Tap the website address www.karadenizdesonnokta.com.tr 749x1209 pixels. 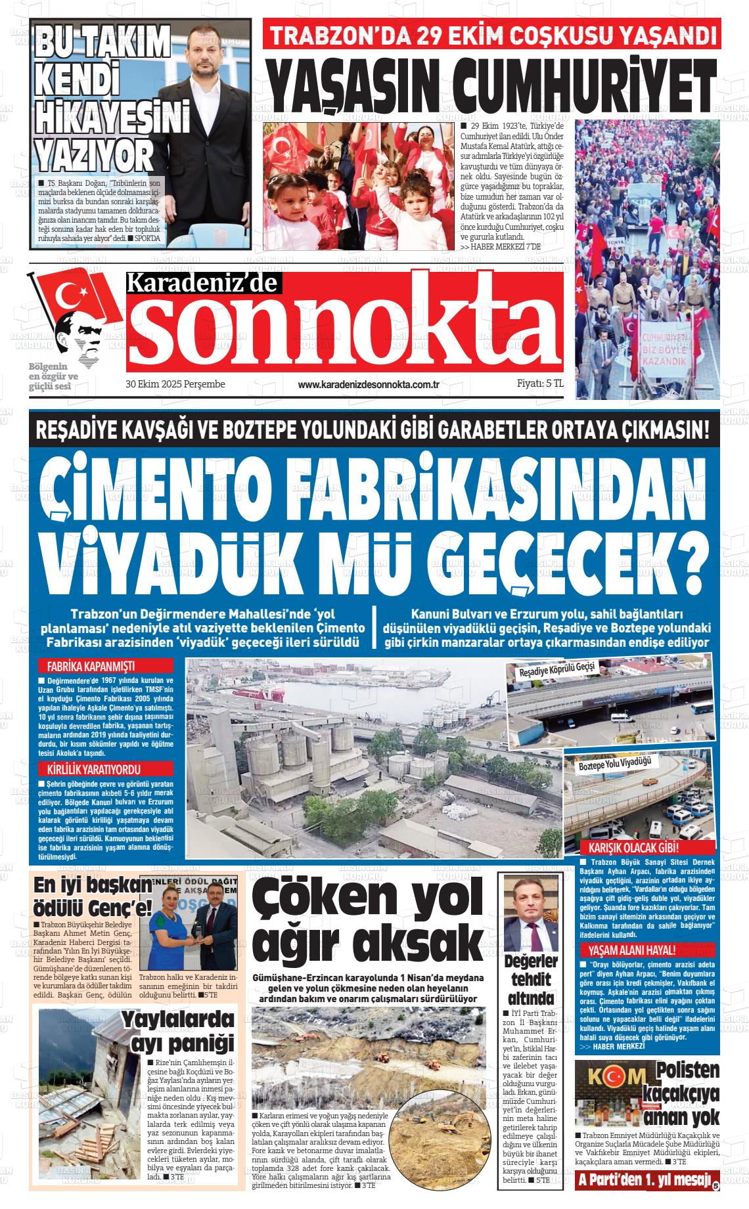click(x=368, y=384)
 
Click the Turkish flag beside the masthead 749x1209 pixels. click(x=72, y=296)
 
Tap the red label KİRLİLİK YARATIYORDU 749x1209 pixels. click(x=94, y=769)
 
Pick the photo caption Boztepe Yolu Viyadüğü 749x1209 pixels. click(x=614, y=764)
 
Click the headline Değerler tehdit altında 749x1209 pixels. click(x=530, y=981)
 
